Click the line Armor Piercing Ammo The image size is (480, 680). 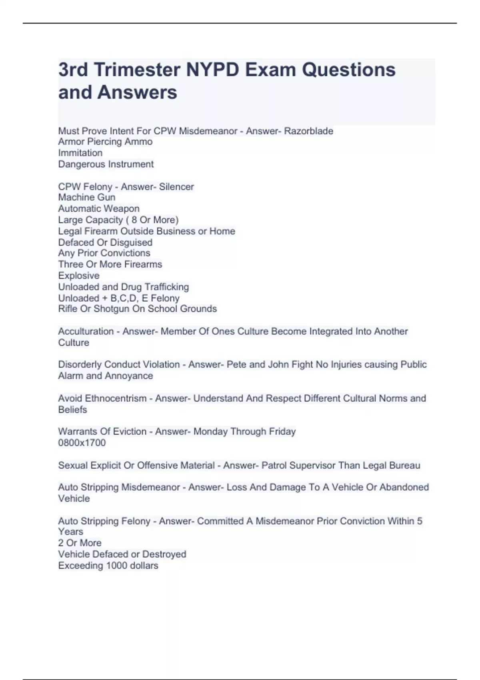coord(105,142)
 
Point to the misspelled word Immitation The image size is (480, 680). coord(80,153)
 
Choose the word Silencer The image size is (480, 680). coord(176,186)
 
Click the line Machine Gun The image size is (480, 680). coord(86,197)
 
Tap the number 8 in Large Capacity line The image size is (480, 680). coord(134,220)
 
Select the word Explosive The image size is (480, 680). coord(79,276)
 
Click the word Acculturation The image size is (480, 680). coord(86,331)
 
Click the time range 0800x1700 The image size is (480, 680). coord(82,443)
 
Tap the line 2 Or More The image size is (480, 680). coord(80,543)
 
